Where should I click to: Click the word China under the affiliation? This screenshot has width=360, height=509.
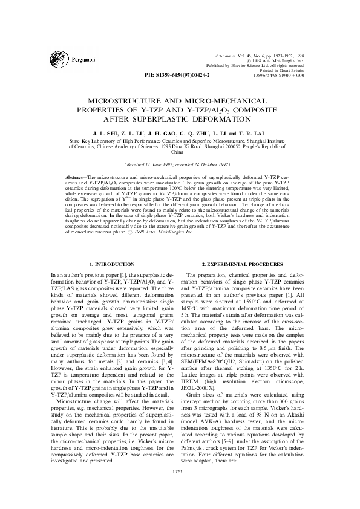180,153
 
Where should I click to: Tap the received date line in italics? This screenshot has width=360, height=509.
180,164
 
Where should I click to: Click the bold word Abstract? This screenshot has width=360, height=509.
74,175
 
